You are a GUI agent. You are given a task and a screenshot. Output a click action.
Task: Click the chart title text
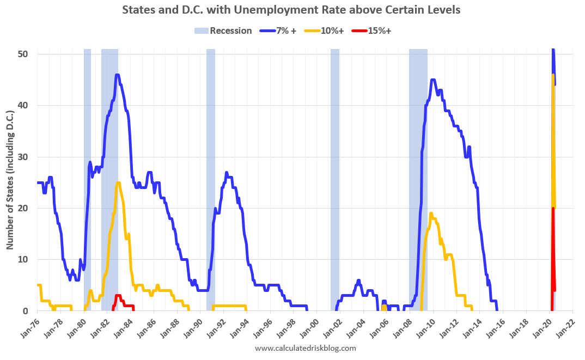pos(292,10)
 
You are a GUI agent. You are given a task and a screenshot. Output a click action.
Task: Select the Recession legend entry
pos(223,30)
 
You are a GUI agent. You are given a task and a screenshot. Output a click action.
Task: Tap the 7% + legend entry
pos(279,30)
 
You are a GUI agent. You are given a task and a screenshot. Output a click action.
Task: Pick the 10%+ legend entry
pos(325,30)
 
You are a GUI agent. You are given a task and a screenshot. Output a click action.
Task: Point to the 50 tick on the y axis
pos(26,54)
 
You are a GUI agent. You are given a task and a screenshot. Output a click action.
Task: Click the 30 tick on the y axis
pos(26,157)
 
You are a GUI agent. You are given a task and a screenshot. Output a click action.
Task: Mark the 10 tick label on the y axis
pos(26,260)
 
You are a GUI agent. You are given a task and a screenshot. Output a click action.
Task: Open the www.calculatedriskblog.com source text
pos(305,348)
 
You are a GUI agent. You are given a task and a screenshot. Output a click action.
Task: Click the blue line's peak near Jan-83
pos(117,75)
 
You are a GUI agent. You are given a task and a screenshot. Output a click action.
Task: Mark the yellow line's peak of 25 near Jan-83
pos(118,182)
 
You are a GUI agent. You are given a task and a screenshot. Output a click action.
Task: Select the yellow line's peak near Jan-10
pos(431,213)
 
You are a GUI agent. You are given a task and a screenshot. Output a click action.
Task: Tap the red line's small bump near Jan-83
pos(118,296)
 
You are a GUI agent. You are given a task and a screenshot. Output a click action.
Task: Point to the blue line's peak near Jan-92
pos(226,173)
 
